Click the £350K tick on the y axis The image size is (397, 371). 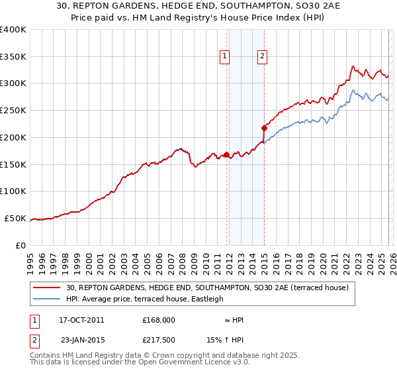(x=13, y=57)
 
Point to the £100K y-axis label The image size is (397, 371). (x=13, y=191)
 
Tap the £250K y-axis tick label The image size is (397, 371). (x=13, y=111)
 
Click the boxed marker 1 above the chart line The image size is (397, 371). (x=225, y=57)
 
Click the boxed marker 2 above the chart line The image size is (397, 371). (x=263, y=57)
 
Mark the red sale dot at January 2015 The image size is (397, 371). (x=264, y=128)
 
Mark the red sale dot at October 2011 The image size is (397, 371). (x=226, y=154)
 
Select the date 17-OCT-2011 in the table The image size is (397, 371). (x=81, y=320)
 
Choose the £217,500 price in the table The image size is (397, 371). (x=159, y=339)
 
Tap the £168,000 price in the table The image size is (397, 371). (x=159, y=320)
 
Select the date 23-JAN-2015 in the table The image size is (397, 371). (x=81, y=339)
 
